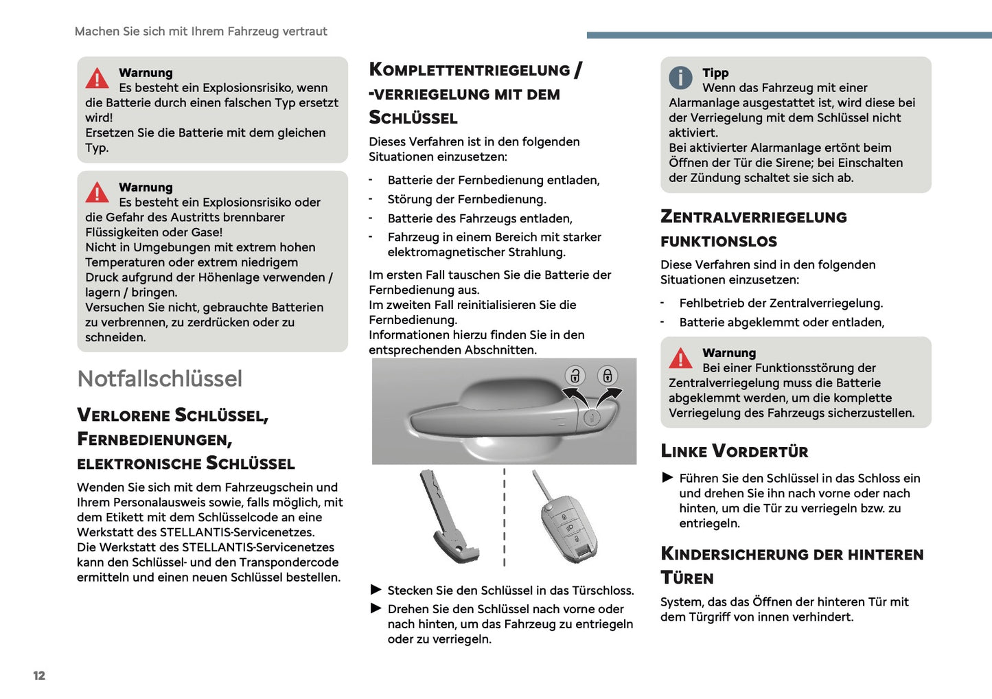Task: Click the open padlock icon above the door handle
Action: (x=575, y=376)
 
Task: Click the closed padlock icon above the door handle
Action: (x=607, y=376)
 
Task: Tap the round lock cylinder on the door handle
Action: (x=592, y=417)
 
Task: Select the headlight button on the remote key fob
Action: (x=570, y=528)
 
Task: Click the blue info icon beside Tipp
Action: (x=680, y=78)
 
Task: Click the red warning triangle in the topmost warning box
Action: (x=97, y=79)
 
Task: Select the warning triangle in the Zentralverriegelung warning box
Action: (x=680, y=358)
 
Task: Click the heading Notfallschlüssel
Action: (x=160, y=378)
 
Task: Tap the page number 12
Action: (x=39, y=676)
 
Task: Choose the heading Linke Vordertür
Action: (x=734, y=451)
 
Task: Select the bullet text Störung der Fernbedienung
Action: (x=467, y=199)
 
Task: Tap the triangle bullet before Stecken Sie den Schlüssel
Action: (x=376, y=590)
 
